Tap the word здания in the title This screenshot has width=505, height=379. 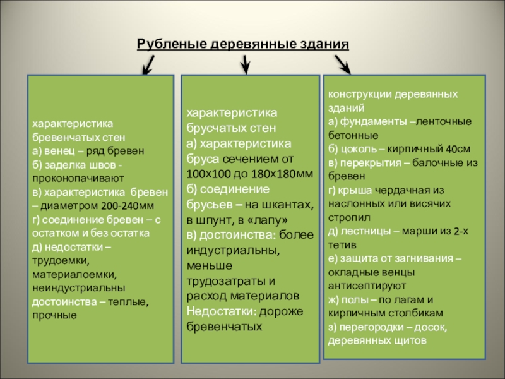(324, 45)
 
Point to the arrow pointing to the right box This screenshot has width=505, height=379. (342, 63)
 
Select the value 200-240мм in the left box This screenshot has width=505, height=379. (128, 206)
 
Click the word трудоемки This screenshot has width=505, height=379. (61, 260)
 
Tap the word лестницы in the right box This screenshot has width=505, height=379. (367, 231)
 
